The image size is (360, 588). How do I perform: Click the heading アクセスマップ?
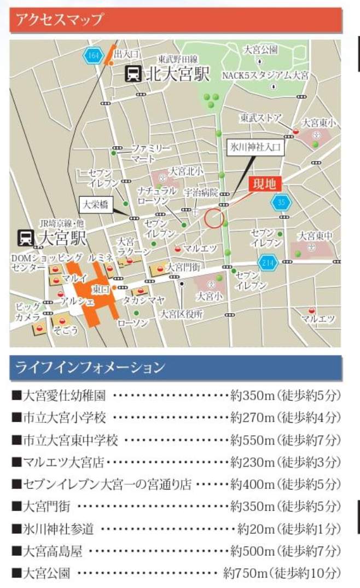(x=60, y=20)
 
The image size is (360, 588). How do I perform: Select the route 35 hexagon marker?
(x=281, y=203)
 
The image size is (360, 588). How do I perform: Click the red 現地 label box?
(x=263, y=184)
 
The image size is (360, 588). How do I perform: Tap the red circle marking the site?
(x=214, y=218)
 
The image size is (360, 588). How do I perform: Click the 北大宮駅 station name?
(x=177, y=74)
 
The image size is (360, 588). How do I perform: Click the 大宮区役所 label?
(x=181, y=314)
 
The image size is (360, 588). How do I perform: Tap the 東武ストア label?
(x=260, y=118)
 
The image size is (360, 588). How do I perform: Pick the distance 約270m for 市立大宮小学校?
(x=252, y=418)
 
